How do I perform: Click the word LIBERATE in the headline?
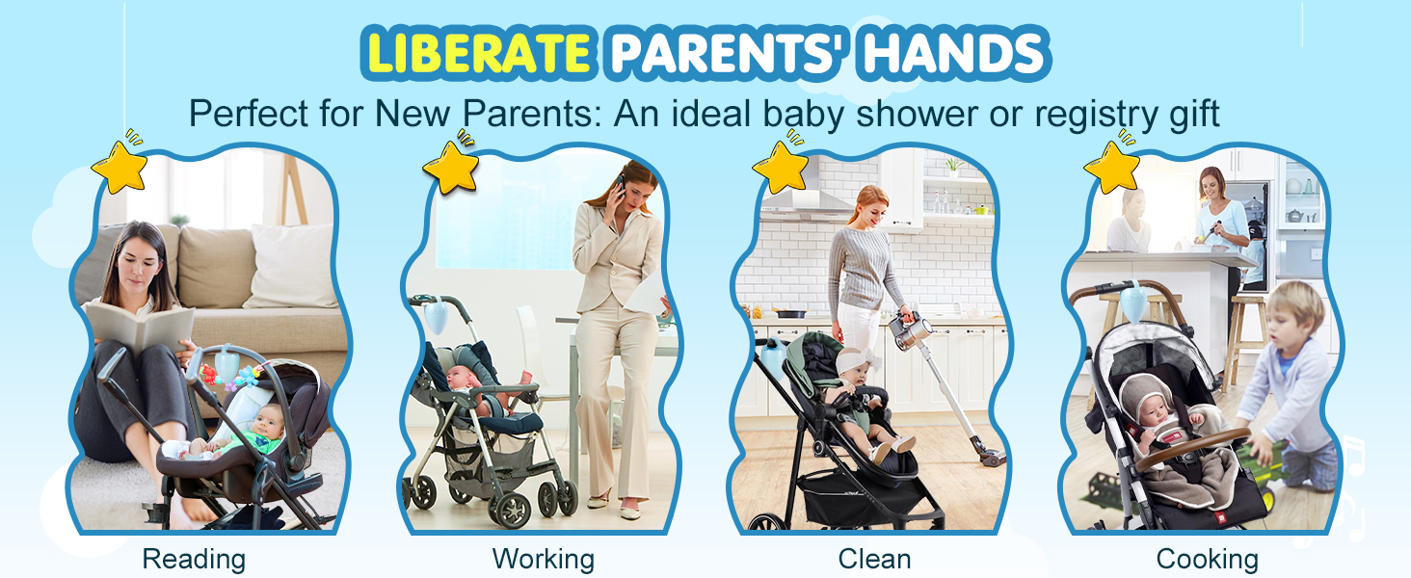pos(478,53)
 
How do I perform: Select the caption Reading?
pos(194,559)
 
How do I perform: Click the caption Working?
pos(543,559)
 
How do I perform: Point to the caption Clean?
pos(874,559)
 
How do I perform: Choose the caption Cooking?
pos(1207,559)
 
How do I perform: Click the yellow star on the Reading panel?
pos(120,167)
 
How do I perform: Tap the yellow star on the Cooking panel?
pos(1112,167)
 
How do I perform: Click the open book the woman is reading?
pos(139,328)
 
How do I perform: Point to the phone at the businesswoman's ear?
pos(621,186)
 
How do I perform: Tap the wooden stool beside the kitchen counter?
pos(1245,340)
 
